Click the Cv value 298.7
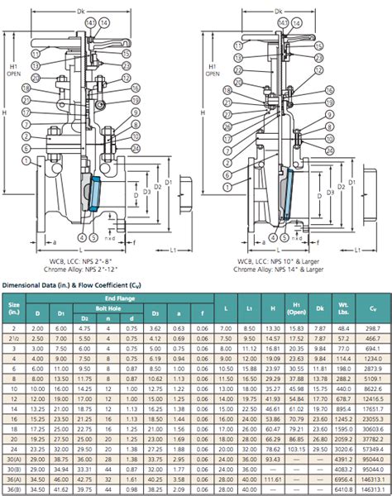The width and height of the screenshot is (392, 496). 372,329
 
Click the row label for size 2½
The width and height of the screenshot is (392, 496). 14,340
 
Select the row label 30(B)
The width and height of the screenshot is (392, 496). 14,469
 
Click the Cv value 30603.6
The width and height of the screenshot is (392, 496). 372,436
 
